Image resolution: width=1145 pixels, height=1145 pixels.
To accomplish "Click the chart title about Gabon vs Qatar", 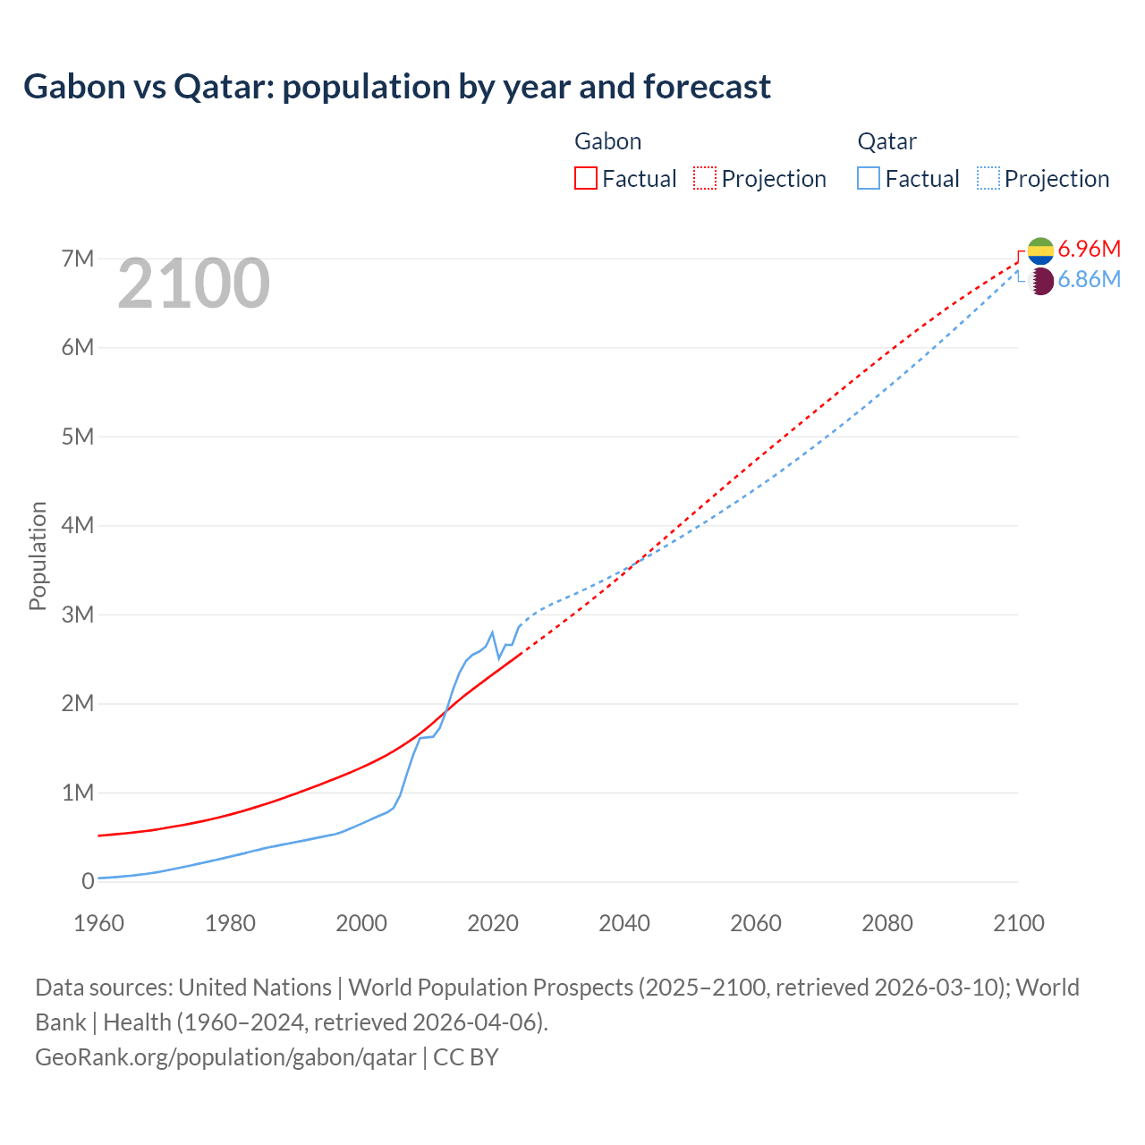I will [x=397, y=87].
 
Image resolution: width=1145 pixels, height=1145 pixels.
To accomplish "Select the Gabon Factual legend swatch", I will [x=585, y=178].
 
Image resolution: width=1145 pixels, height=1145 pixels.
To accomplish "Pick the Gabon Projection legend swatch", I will [x=705, y=178].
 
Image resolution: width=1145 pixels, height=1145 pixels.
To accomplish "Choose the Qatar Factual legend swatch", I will [x=869, y=178].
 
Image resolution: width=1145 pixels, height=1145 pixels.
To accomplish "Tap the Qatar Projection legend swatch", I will [x=988, y=178].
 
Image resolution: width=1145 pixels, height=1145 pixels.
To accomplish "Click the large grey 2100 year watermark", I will [x=193, y=284].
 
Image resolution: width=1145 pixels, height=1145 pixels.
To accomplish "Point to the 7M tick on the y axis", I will [x=78, y=259].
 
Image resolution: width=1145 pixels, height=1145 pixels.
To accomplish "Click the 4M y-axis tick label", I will [x=78, y=525].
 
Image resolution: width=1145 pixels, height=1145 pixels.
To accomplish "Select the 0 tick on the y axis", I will [x=88, y=881].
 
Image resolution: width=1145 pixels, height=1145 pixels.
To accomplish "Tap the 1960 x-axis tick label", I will [x=98, y=923].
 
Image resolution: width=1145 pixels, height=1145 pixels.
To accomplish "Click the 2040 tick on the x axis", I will [x=624, y=923].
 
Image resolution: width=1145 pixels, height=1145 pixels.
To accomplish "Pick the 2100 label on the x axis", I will [x=1018, y=923].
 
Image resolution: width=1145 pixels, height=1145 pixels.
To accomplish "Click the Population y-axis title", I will [x=38, y=556].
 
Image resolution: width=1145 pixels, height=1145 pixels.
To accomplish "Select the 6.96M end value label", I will [x=1089, y=249].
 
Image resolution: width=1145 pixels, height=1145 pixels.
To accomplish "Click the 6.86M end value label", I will [x=1089, y=280].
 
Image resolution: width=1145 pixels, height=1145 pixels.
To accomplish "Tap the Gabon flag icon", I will [x=1041, y=250].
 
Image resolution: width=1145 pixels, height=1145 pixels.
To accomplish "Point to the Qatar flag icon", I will [x=1041, y=282].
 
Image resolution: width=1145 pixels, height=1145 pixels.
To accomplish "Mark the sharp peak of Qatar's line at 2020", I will [x=492, y=632].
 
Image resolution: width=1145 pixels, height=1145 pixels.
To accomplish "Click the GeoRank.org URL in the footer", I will [x=225, y=1057].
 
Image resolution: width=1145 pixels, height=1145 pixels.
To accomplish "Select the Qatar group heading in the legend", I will [x=886, y=141].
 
